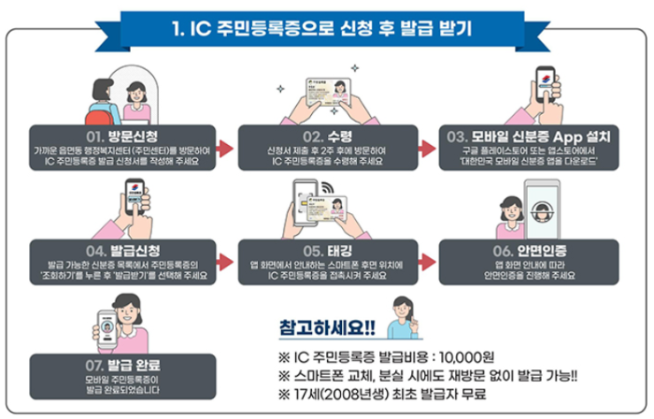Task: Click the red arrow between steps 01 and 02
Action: (x=222, y=148)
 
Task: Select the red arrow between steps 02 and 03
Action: (x=427, y=148)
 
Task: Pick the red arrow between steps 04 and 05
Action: (x=222, y=263)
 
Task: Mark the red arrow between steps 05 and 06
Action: (x=427, y=263)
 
